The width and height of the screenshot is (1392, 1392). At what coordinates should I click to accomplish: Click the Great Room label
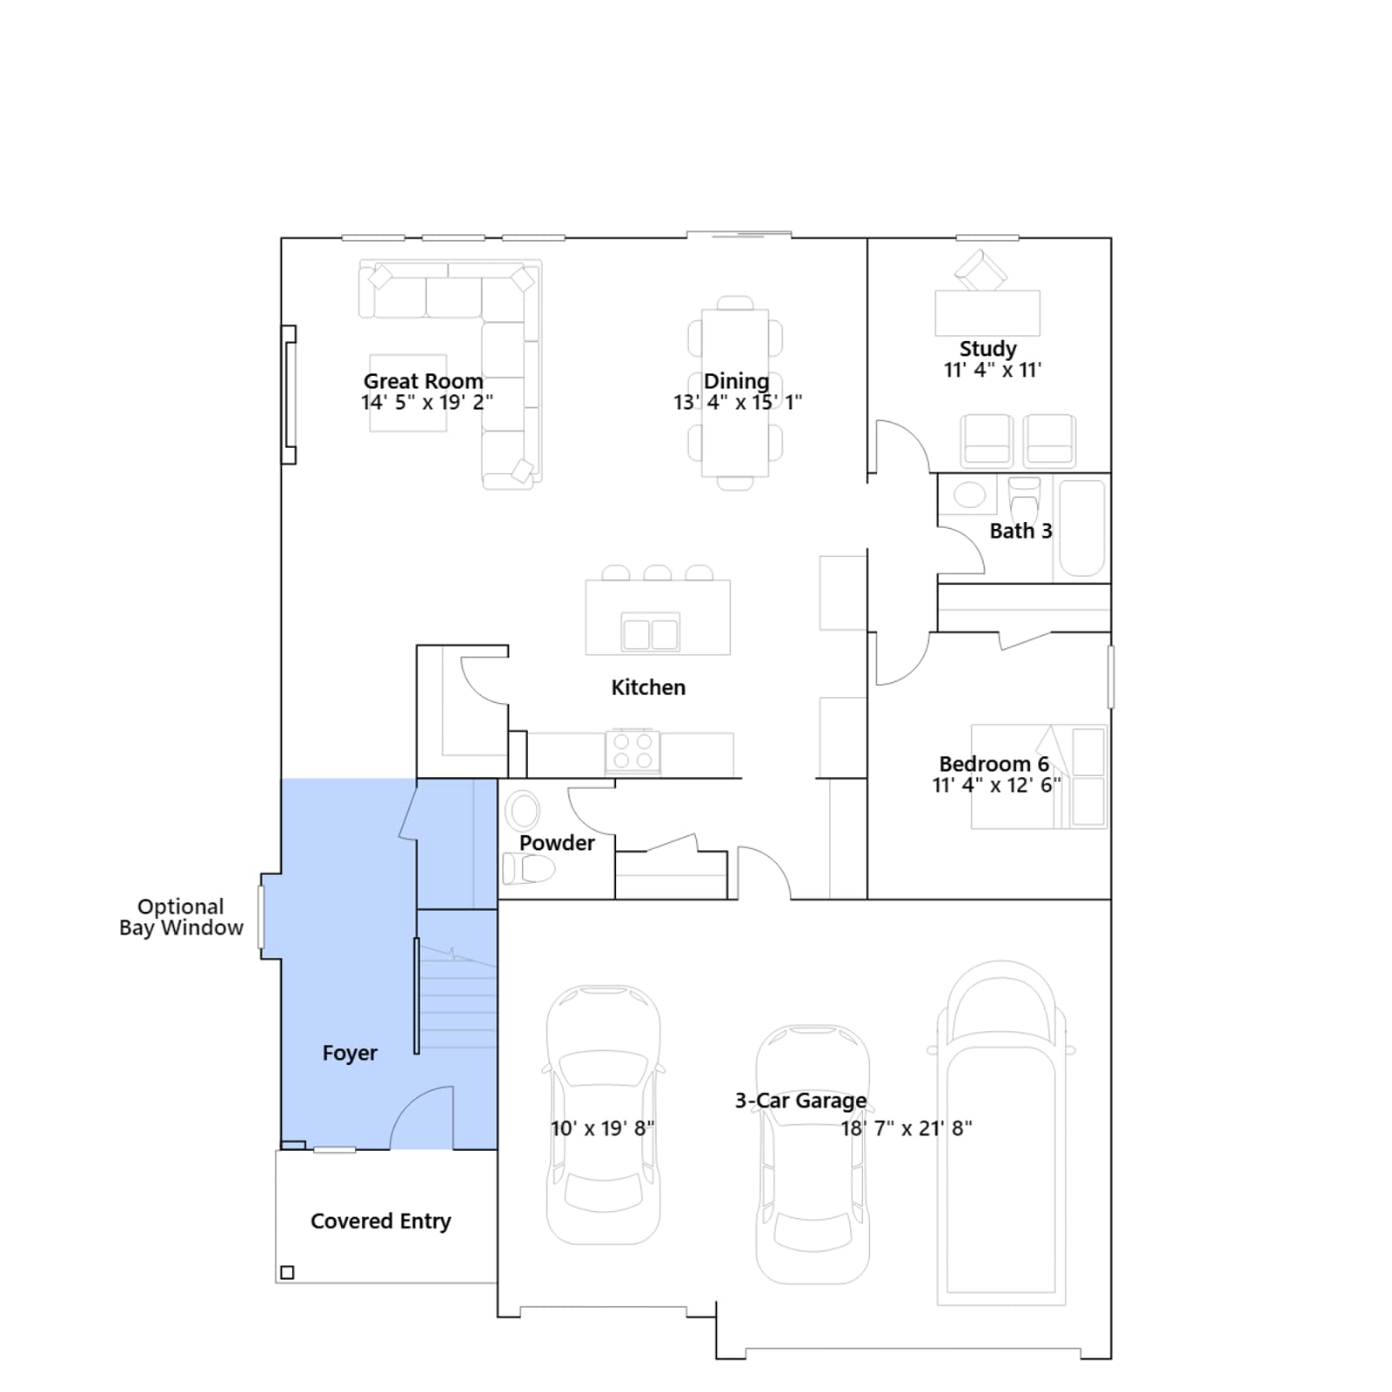click(x=423, y=381)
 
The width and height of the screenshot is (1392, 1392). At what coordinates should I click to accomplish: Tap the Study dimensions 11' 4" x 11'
click(x=993, y=370)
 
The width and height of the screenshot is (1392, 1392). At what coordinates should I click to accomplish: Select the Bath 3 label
click(x=1021, y=531)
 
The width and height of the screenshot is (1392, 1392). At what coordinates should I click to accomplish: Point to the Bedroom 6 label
click(x=994, y=764)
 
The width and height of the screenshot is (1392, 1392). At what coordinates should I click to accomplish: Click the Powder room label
click(x=557, y=843)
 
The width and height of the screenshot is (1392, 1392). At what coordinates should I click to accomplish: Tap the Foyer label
click(x=350, y=1054)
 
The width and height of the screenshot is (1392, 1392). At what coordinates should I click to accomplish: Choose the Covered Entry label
click(x=381, y=1221)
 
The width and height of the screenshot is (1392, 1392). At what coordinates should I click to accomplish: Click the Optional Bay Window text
click(x=181, y=917)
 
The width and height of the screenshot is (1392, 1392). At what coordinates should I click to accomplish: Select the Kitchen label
click(x=648, y=687)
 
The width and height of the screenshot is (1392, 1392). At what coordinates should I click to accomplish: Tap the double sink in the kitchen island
click(x=650, y=632)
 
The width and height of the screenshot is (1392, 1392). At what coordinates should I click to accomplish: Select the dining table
click(x=735, y=393)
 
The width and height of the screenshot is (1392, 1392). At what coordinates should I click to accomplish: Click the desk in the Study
click(x=987, y=313)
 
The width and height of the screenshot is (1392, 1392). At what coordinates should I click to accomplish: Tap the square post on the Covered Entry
click(x=287, y=1273)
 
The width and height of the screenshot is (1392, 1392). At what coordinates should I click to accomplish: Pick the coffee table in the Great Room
click(x=408, y=393)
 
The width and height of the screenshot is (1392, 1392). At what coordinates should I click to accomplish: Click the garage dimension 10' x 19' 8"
click(x=602, y=1128)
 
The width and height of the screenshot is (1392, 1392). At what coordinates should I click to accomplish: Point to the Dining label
click(x=736, y=381)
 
